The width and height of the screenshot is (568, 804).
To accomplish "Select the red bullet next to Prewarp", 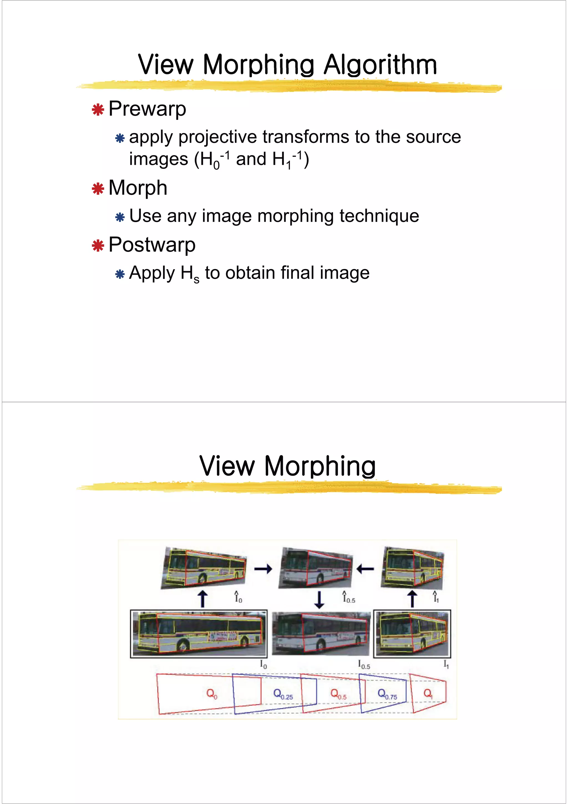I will click(98, 110).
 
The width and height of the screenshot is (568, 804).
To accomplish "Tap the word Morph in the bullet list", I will click(138, 188).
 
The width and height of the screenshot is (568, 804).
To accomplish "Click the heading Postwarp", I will click(152, 245).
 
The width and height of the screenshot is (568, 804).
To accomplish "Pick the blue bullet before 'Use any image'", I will click(120, 218).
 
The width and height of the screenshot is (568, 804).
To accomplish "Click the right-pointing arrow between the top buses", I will click(263, 569).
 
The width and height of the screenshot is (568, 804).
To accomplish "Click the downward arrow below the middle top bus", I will click(319, 600).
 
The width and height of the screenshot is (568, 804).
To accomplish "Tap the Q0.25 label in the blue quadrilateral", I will click(283, 694).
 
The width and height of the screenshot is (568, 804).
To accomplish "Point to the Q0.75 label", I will click(387, 694).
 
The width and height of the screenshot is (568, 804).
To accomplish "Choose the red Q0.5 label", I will click(338, 694).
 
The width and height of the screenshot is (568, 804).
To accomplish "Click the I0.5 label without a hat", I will click(364, 664).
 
